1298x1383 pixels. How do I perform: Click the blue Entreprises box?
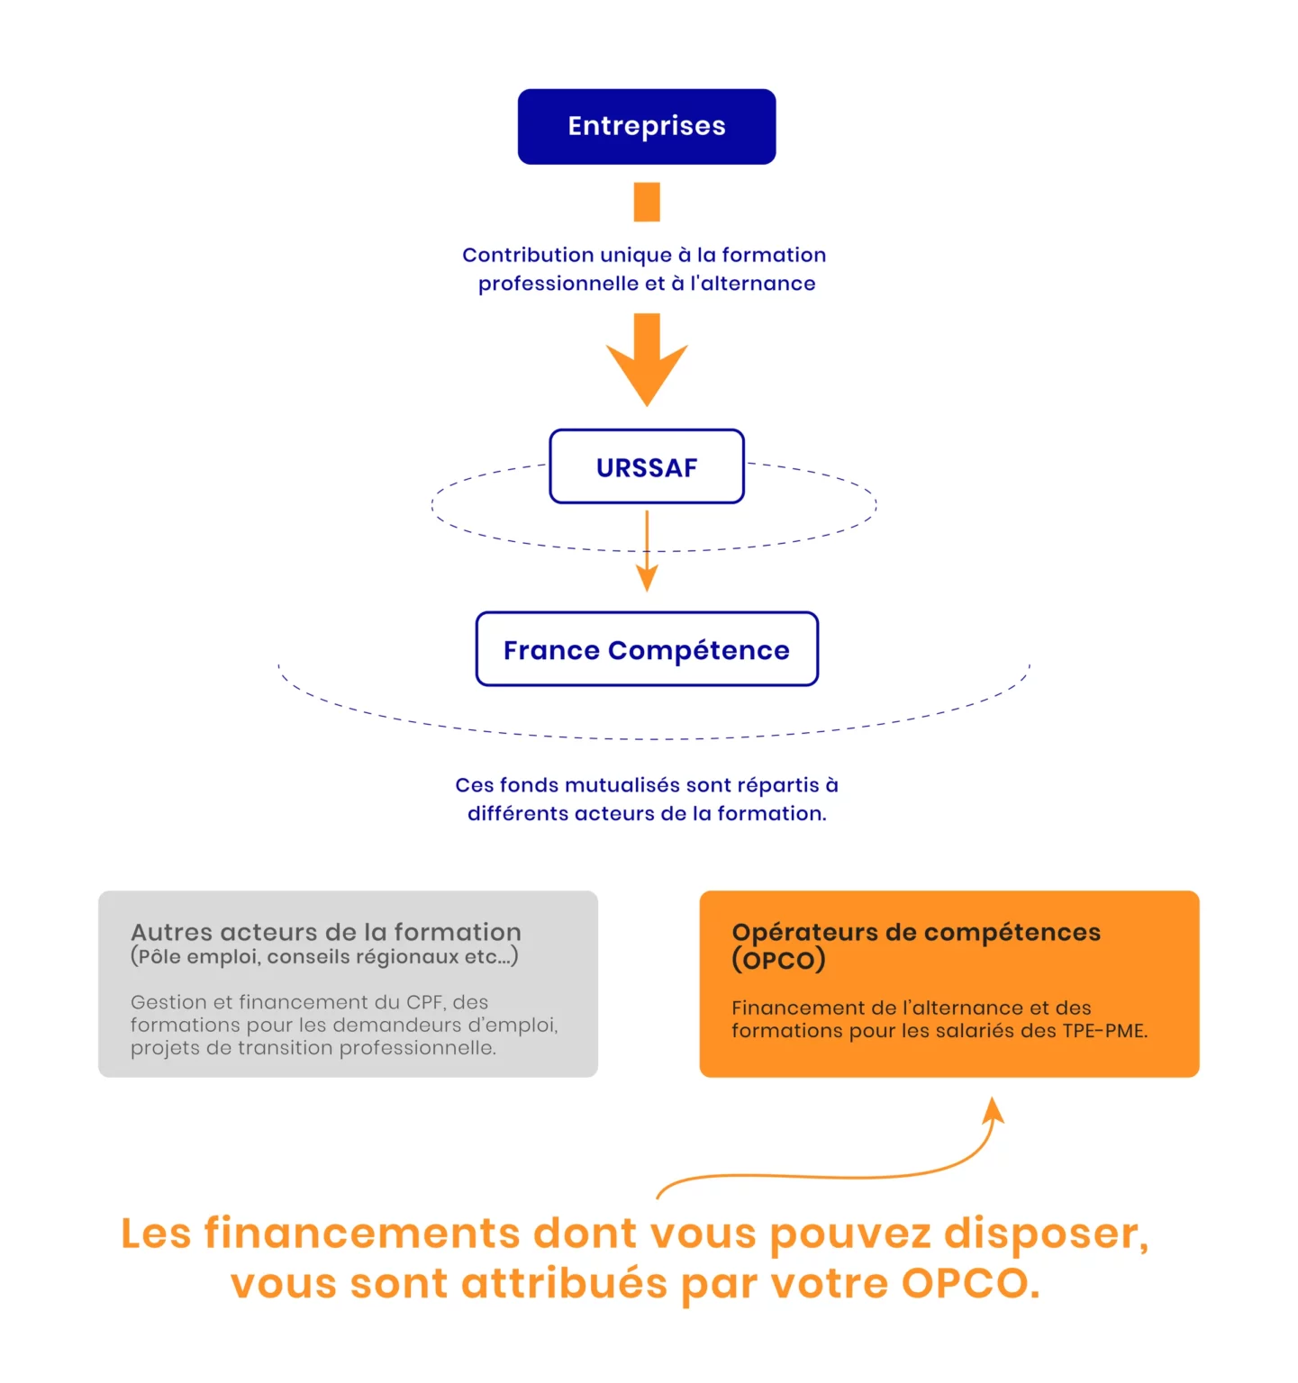click(x=647, y=126)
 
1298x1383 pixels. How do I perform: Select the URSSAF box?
click(x=647, y=466)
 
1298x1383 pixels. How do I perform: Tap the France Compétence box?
click(x=647, y=649)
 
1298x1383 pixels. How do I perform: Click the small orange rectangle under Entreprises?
click(x=647, y=202)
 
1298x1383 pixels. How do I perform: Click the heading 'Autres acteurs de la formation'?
click(x=326, y=932)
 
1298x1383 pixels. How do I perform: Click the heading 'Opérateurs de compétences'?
click(x=916, y=932)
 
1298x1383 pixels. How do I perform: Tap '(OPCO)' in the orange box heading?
click(x=778, y=960)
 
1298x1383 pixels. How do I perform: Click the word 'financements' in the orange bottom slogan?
click(x=362, y=1233)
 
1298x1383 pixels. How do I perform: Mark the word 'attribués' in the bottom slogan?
click(x=565, y=1284)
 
